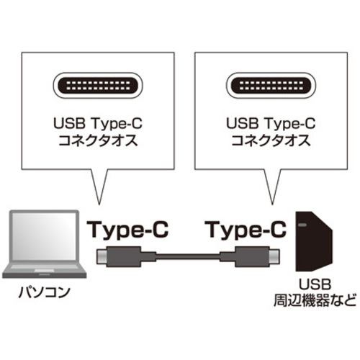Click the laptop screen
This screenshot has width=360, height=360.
pyautogui.click(x=45, y=236)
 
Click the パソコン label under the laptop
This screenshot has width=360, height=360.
pyautogui.click(x=45, y=292)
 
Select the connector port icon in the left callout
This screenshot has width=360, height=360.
pyautogui.click(x=98, y=86)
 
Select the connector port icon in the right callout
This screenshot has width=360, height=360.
pyautogui.click(x=271, y=86)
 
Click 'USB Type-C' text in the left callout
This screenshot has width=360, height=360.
pyautogui.click(x=98, y=124)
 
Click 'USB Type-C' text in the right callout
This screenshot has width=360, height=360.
pyautogui.click(x=271, y=124)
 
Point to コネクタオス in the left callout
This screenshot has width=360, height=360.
pyautogui.click(x=98, y=140)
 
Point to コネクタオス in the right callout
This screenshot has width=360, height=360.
pyautogui.click(x=271, y=140)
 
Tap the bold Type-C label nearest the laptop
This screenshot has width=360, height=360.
pyautogui.click(x=127, y=230)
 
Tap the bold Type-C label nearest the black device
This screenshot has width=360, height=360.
pyautogui.click(x=247, y=230)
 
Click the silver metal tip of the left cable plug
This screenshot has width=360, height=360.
pyautogui.click(x=102, y=256)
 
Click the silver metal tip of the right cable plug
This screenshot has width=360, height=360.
pyautogui.click(x=274, y=256)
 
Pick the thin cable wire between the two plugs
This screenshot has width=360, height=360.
pyautogui.click(x=188, y=257)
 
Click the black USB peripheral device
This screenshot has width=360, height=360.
pyautogui.click(x=314, y=241)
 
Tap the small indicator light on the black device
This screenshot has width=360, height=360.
pyautogui.click(x=302, y=225)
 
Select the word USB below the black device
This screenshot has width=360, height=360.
pyautogui.click(x=315, y=284)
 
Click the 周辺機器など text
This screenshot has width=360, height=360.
pyautogui.click(x=315, y=300)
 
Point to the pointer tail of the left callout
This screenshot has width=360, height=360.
pyautogui.click(x=99, y=187)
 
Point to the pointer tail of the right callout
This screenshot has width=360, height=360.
pyautogui.click(x=272, y=187)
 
